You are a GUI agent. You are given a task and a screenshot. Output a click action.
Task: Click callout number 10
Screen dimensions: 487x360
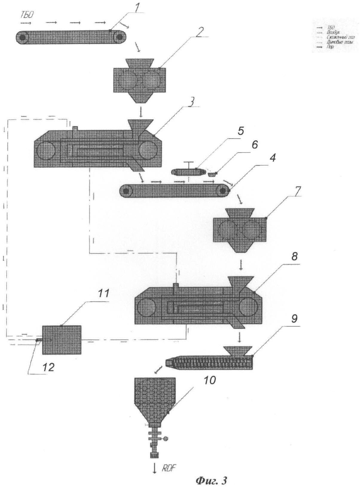point(209,381)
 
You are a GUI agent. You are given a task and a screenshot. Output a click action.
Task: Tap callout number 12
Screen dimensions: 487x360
point(48,367)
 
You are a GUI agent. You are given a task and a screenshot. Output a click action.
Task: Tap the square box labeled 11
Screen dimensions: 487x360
point(62,340)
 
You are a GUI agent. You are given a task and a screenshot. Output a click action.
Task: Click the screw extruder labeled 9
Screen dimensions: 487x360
point(209,362)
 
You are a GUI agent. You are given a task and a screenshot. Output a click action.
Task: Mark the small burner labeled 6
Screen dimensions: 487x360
point(212,174)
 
